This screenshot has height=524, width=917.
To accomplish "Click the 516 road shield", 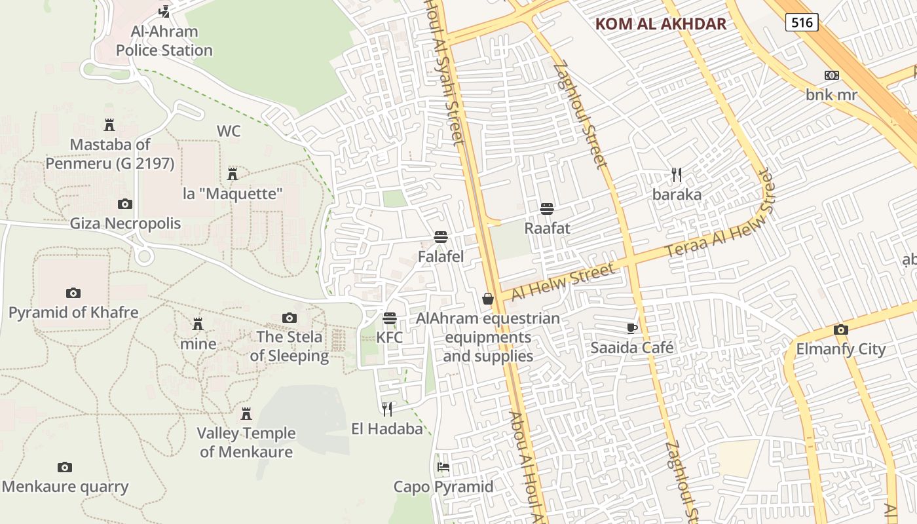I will pyautogui.click(x=802, y=23).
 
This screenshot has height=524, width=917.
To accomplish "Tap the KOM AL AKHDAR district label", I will pyautogui.click(x=661, y=24).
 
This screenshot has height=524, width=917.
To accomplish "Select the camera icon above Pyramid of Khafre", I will pyautogui.click(x=73, y=293).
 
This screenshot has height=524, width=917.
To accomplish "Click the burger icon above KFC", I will pyautogui.click(x=390, y=318).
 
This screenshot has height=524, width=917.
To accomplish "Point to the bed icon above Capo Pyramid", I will pyautogui.click(x=443, y=467).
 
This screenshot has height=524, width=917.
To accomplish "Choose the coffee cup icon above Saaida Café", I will pyautogui.click(x=631, y=328).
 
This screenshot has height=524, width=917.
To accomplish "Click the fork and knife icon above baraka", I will pyautogui.click(x=677, y=175).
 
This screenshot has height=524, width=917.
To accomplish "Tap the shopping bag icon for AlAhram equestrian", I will pyautogui.click(x=488, y=299).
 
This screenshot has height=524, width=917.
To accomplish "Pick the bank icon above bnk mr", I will pyautogui.click(x=831, y=75).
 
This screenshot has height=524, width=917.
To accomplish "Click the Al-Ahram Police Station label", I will pyautogui.click(x=164, y=41).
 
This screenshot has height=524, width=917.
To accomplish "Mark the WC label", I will pyautogui.click(x=229, y=131).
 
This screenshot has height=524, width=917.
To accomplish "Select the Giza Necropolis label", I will pyautogui.click(x=125, y=223).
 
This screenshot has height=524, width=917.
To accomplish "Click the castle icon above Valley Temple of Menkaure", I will pyautogui.click(x=246, y=414).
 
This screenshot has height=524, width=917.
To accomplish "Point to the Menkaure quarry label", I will pyautogui.click(x=65, y=487).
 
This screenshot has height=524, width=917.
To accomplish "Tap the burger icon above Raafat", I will pyautogui.click(x=547, y=209).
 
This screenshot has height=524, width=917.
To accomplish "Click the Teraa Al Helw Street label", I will pyautogui.click(x=719, y=215).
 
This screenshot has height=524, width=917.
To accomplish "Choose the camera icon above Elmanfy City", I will pyautogui.click(x=840, y=329).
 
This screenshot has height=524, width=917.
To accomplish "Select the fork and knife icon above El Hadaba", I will pyautogui.click(x=387, y=409).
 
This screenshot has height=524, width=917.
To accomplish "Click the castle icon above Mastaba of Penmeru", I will pyautogui.click(x=109, y=124).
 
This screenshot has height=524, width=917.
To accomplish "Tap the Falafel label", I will pyautogui.click(x=441, y=257).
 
